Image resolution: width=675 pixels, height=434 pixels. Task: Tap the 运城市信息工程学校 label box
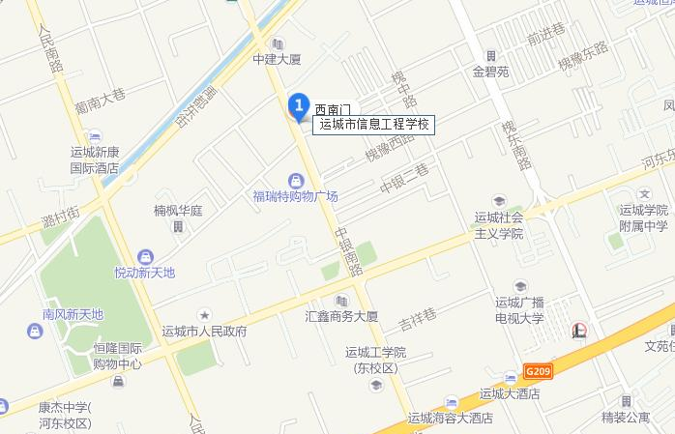point(375,124)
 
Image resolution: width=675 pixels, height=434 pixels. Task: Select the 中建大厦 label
point(278,59)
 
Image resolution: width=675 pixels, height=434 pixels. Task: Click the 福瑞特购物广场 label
point(295,196)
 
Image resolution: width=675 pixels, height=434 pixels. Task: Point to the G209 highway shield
point(540,369)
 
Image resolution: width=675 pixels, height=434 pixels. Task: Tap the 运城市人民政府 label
point(204,331)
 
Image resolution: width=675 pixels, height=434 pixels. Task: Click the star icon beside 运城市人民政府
point(204,314)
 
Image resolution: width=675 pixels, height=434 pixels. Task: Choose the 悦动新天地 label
point(145,273)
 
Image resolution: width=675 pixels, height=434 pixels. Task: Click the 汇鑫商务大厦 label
point(340,316)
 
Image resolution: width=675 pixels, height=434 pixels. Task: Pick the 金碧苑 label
point(490,71)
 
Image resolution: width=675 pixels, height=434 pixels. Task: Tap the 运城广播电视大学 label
point(520,309)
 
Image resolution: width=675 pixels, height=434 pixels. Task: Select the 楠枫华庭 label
point(177,211)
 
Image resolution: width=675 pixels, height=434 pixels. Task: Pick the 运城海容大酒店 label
point(450,419)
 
